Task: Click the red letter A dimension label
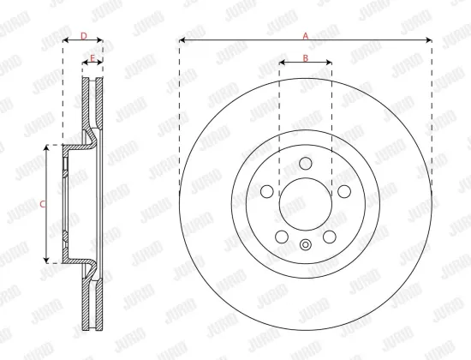[305, 34]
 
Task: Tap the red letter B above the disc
[305, 57]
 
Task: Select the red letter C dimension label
[43, 203]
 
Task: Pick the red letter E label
[92, 57]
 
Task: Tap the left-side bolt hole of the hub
[266, 191]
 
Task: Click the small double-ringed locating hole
[306, 246]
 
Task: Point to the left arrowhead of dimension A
[182, 40]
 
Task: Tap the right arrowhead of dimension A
[430, 40]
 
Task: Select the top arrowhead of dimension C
[48, 147]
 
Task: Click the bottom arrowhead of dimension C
[48, 261]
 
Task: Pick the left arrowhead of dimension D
[65, 40]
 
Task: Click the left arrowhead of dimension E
[86, 63]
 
